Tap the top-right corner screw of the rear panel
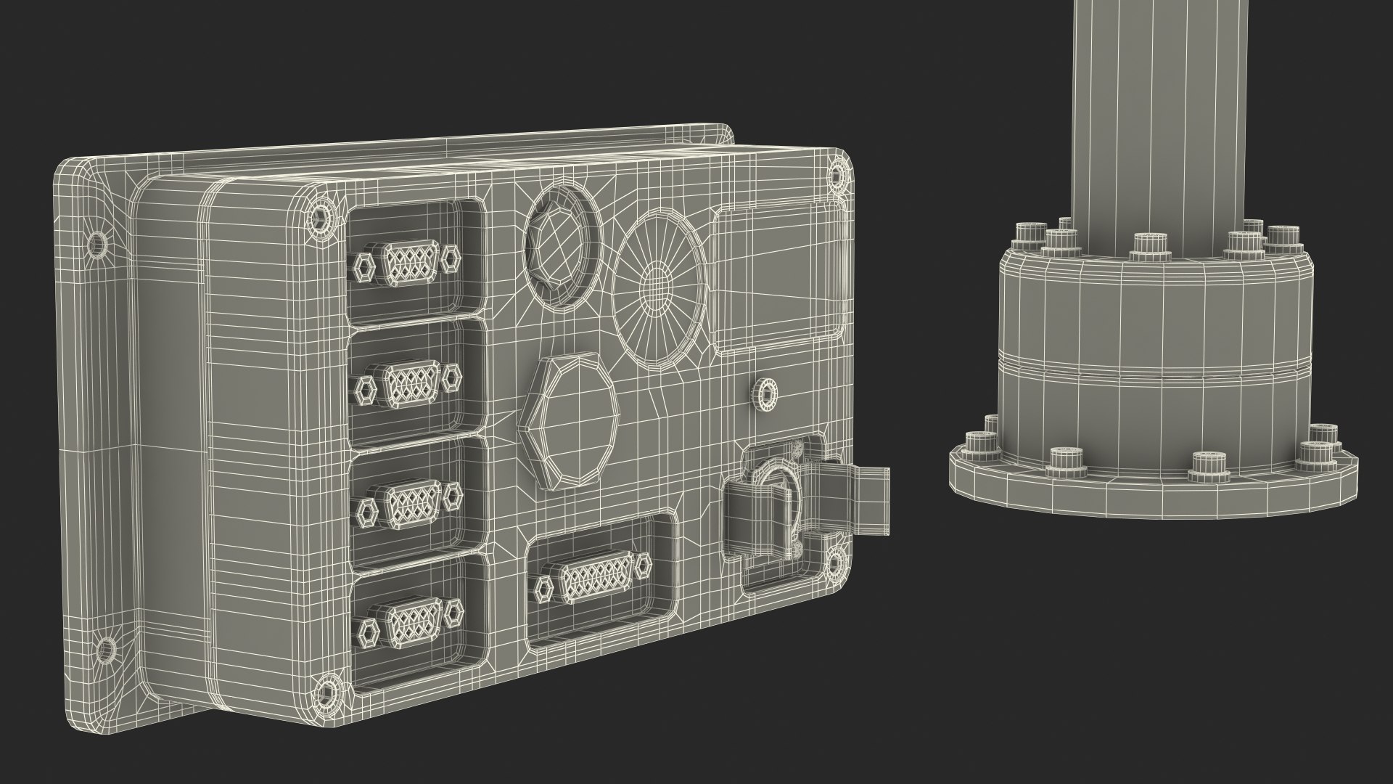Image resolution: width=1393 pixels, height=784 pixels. (x=837, y=176)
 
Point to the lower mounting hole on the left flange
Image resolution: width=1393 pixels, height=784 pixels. (x=106, y=651)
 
